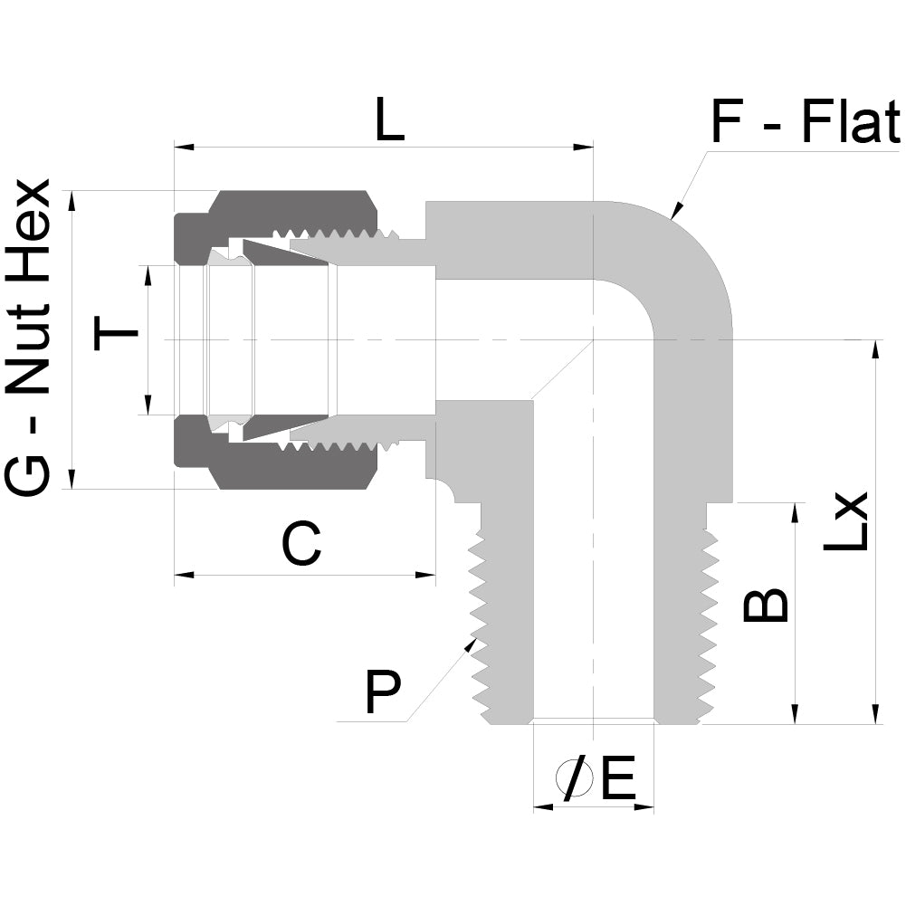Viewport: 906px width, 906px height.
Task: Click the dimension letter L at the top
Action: [390, 122]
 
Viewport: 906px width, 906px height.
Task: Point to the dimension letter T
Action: [117, 339]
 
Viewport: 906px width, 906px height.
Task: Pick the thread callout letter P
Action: [382, 692]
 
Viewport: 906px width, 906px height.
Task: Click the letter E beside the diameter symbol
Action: [618, 779]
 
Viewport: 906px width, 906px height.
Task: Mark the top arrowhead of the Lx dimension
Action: [875, 348]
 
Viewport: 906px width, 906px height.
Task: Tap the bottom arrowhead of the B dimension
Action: [796, 716]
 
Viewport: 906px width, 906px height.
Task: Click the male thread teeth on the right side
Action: [710, 615]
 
